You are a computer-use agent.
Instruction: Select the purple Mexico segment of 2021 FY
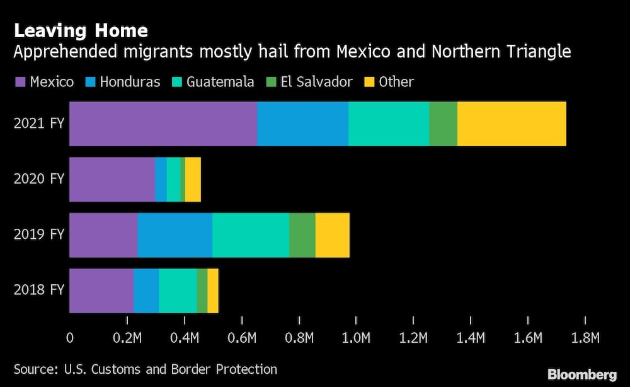tap(163, 124)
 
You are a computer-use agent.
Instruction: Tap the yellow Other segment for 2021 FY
tap(512, 124)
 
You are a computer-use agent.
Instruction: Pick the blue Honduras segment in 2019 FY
tap(175, 235)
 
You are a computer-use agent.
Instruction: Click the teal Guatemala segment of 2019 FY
tap(251, 235)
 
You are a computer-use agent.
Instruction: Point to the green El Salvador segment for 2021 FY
tap(443, 124)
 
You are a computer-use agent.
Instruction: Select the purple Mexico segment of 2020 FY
tap(112, 180)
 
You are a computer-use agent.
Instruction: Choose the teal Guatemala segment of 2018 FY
tap(178, 291)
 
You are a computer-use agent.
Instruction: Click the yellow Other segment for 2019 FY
tap(332, 235)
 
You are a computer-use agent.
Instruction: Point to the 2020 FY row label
tap(39, 180)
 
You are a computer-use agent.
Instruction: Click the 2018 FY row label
tap(39, 291)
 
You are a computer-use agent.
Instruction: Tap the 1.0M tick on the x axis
tap(356, 338)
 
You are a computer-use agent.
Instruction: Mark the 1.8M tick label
tap(585, 338)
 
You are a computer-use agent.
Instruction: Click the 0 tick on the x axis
tap(69, 338)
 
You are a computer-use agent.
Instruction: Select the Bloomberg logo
tap(583, 374)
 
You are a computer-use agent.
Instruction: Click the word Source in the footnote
tap(34, 369)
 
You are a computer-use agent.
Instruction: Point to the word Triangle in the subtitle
tap(541, 52)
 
